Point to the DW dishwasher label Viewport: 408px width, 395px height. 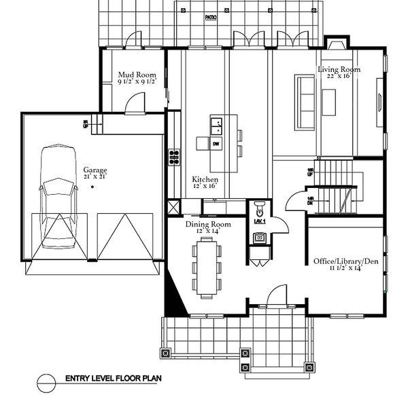coord(217,144)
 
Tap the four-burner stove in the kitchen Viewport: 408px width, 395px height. coord(174,157)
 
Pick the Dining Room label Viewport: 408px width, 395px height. coord(207,225)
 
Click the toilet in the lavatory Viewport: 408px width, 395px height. coord(259,207)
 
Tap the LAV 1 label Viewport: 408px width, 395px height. coord(259,222)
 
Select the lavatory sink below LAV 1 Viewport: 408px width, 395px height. coord(260,238)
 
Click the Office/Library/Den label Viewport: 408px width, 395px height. coord(345,261)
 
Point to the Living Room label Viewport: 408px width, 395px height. coord(339,69)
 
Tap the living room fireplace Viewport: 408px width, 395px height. coord(336,45)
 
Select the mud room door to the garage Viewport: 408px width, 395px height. coord(136,102)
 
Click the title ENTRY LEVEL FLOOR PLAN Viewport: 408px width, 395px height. coord(112,379)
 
